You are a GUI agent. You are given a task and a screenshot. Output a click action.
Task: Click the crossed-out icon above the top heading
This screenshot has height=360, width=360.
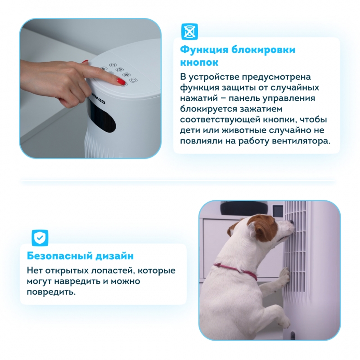click(x=189, y=31)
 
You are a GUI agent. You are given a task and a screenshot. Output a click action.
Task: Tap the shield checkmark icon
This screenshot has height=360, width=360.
click(x=40, y=238)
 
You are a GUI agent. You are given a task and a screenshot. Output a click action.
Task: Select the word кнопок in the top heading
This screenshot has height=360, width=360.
click(x=199, y=63)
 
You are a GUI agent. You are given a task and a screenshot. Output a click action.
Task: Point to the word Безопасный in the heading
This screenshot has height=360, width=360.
click(x=59, y=256)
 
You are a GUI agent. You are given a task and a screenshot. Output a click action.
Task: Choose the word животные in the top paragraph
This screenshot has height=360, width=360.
click(x=244, y=130)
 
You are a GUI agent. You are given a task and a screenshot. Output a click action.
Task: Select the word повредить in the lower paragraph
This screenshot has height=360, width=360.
click(x=51, y=292)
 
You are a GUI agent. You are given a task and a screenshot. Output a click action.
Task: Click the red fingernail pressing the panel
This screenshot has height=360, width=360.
click(x=121, y=81)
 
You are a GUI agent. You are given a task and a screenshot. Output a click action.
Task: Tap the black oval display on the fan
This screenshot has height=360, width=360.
click(x=103, y=117)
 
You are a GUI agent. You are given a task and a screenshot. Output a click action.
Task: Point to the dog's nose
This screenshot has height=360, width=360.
click(x=291, y=222)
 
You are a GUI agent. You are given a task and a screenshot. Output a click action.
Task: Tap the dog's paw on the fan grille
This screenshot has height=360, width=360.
click(x=285, y=274)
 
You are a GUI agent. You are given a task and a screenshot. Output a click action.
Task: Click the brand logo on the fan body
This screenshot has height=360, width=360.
click(x=96, y=99)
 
